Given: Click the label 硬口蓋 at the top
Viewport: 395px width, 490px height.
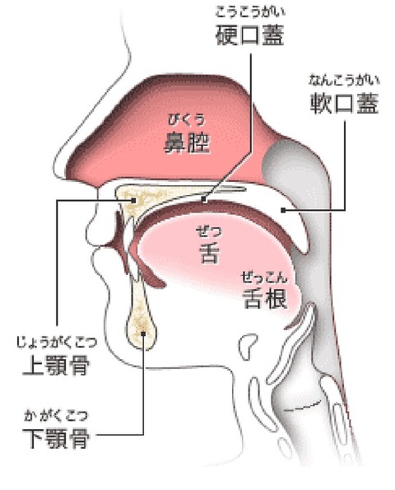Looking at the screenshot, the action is coord(249,35).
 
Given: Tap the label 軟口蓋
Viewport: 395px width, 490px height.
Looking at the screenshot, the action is coord(345,103).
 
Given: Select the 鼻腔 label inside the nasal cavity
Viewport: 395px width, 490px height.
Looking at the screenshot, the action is coord(187,143).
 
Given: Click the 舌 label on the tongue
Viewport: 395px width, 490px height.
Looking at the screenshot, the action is coord(209,252).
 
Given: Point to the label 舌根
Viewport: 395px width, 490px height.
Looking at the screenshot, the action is coord(264,298).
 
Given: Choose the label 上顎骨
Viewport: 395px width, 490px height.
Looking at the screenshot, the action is coord(56,365).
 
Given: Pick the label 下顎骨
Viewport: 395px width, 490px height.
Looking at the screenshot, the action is coord(56,438).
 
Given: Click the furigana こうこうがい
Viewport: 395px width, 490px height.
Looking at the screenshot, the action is coord(250,12).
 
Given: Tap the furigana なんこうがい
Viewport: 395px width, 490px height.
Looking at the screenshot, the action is coord(345,81).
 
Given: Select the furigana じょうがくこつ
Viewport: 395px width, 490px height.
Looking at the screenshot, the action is coord(57,343).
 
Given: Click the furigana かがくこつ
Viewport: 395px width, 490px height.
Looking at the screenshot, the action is coord(56,415).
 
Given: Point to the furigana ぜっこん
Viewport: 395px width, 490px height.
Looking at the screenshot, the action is coord(264,278).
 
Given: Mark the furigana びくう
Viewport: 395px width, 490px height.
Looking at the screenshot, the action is coord(187,119).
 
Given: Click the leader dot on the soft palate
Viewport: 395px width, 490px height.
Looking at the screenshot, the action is coord(283,210).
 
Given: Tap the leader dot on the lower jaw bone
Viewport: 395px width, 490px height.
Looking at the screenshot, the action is coord(143,334).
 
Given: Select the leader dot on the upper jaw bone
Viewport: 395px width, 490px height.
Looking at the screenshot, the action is coord(134,200).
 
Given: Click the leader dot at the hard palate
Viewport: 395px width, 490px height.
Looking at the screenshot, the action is coord(204,198).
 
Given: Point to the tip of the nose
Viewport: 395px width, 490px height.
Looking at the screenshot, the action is coord(54,169).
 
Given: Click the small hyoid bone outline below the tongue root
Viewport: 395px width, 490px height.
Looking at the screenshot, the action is coord(249,343).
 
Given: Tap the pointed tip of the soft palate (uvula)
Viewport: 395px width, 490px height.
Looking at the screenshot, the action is coord(304,251).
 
